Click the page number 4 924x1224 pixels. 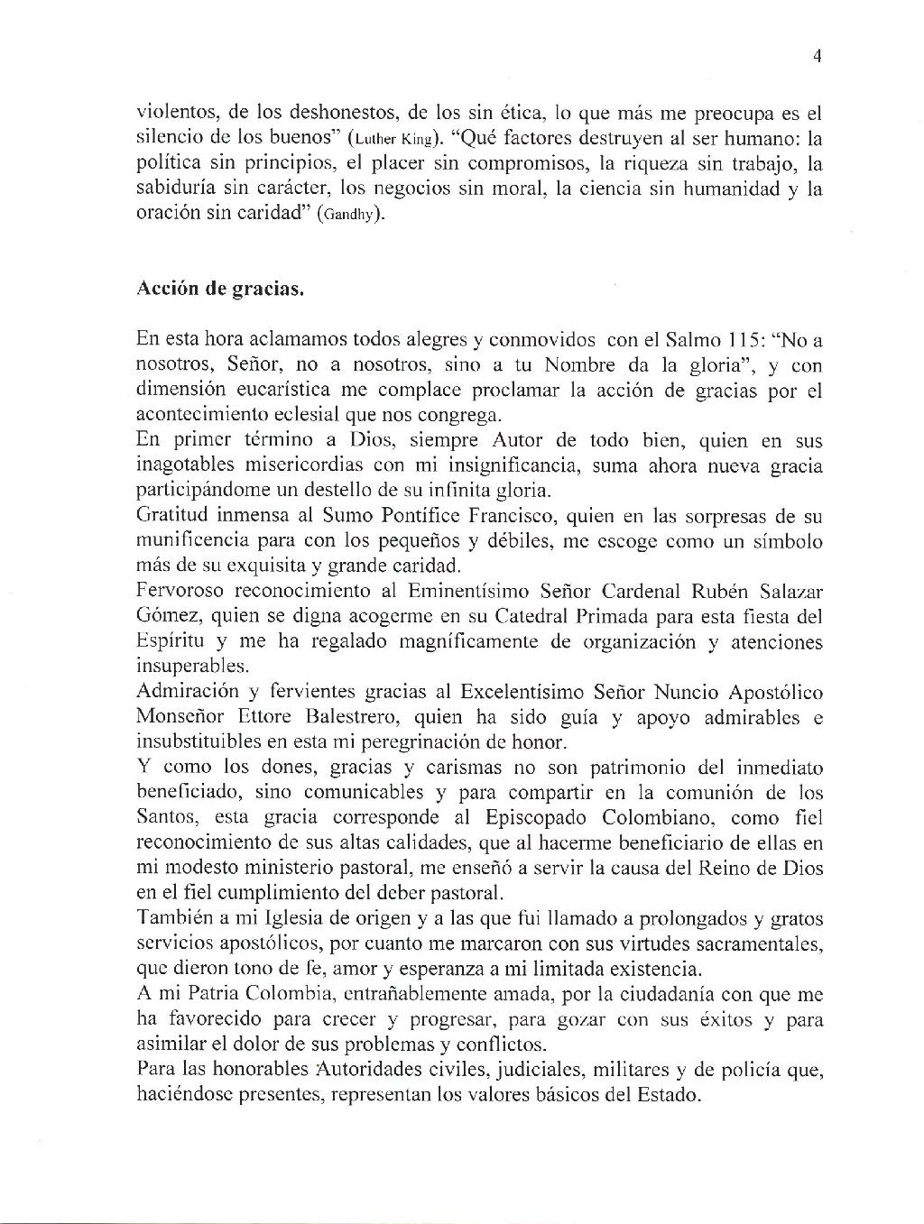pos(817,56)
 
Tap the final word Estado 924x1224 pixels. pos(667,1096)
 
